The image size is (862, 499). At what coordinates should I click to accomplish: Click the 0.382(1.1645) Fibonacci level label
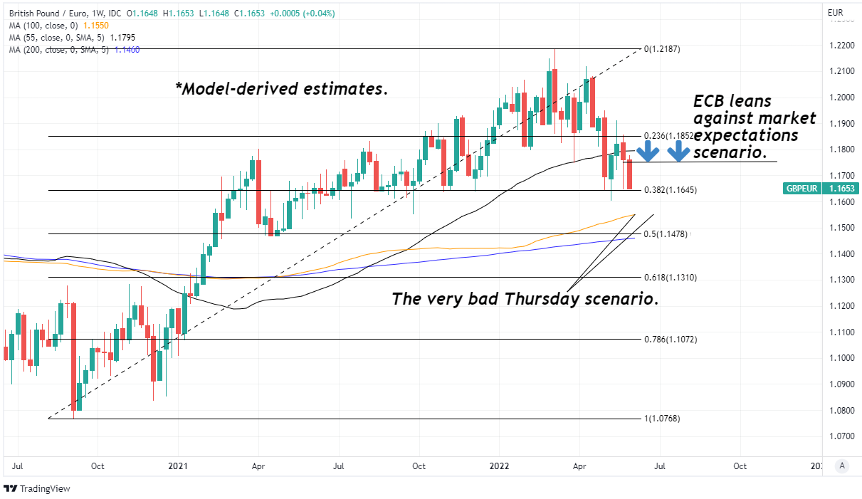pos(670,190)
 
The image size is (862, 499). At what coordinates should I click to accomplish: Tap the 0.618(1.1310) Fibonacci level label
pos(670,278)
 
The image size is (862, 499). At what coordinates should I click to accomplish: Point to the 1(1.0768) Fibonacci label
pos(662,419)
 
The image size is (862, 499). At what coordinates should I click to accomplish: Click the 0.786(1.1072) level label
pos(670,340)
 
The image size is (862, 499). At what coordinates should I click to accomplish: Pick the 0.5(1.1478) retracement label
pos(666,234)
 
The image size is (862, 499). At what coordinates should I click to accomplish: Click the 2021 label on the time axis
pos(177,466)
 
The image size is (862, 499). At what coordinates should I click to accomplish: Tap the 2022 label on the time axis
pos(499,466)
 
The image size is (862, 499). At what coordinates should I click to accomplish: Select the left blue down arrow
pos(647,150)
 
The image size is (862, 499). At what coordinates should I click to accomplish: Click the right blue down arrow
pos(678,150)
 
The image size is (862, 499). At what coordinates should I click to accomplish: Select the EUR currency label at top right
pos(835,13)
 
